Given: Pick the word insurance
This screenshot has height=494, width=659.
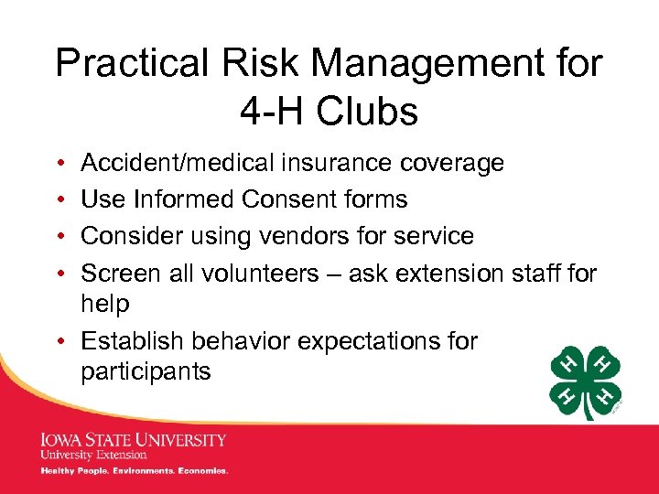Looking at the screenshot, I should (x=341, y=163).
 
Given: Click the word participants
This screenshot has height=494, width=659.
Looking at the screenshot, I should (x=146, y=372).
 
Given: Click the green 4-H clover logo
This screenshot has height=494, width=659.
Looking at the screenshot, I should (x=586, y=381).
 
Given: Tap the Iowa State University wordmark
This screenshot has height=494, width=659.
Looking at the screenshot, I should (x=133, y=439).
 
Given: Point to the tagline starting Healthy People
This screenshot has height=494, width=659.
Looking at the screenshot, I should (x=134, y=471).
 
